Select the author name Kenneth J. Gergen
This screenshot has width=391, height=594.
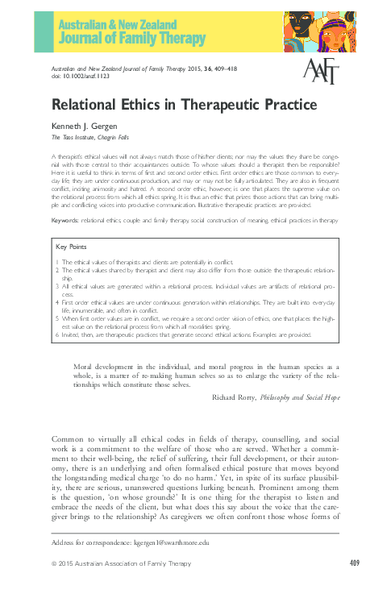[85, 126]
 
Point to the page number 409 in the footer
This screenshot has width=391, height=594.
[355, 562]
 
